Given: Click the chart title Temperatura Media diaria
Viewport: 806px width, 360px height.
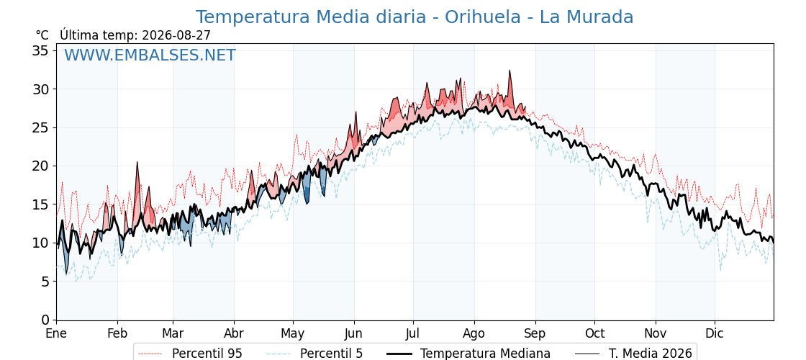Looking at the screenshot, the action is [x=310, y=17].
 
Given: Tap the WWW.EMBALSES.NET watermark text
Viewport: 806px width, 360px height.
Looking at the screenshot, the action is [x=150, y=55].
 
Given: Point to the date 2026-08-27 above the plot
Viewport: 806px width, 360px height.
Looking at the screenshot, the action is [x=176, y=35].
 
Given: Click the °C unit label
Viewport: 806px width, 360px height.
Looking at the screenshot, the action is [x=42, y=35].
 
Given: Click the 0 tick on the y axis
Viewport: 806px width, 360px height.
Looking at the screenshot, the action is [x=45, y=320].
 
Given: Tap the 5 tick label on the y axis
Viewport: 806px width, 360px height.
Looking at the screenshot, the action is [x=45, y=282].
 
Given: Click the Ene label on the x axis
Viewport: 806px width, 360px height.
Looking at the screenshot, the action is [x=56, y=334].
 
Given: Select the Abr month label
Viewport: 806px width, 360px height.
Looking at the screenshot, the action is [x=234, y=334].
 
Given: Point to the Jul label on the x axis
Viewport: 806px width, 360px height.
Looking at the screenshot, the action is [x=414, y=334].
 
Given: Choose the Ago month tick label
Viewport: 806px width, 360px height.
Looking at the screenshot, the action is [x=474, y=334].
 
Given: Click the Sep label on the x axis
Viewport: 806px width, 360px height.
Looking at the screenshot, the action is [x=535, y=334].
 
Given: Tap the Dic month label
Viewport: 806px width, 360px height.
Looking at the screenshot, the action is [x=715, y=334].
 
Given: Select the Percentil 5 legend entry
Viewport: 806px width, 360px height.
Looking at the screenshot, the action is [x=315, y=354].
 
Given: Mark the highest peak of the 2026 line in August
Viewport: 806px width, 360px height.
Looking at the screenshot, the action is [x=510, y=71].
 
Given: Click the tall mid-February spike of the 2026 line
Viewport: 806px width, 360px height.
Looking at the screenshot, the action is [x=137, y=162].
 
